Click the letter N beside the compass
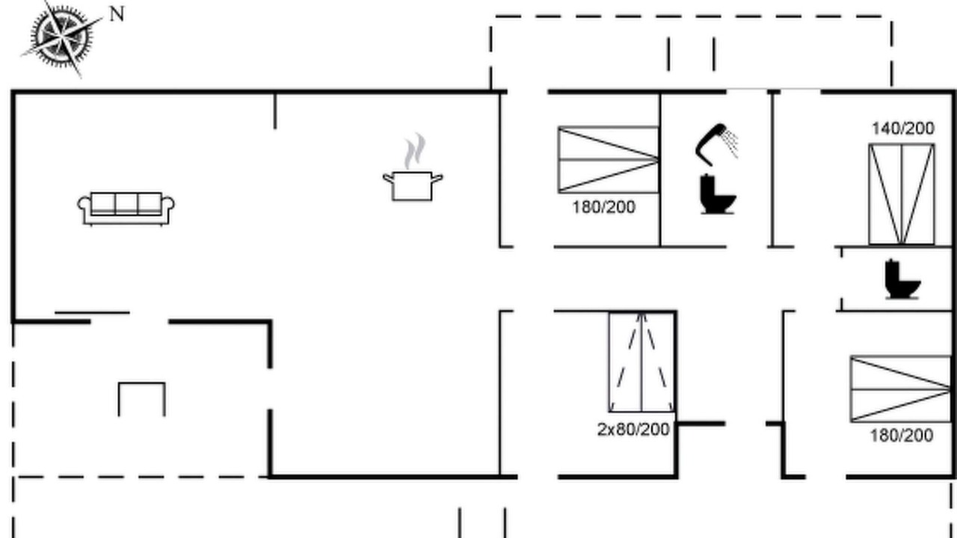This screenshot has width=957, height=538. coord(117,14)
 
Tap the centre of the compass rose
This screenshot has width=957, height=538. coord(62,37)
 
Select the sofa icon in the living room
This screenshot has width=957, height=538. coord(126,208)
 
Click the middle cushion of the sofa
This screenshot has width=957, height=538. coord(126,203)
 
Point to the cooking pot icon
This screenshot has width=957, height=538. coord(413,185)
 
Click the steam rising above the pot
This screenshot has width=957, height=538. coord(415,151)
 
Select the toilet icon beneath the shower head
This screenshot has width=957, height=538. coord(718,194)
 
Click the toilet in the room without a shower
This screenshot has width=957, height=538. coord(902,279)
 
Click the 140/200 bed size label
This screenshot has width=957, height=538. coord(902,128)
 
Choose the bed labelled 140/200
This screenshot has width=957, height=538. coord(902,194)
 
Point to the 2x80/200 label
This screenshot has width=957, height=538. coord(633,430)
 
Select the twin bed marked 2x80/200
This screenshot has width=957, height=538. coord(641,362)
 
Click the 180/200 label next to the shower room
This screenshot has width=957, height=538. coord(603,207)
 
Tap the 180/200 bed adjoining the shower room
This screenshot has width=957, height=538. coord(609,160)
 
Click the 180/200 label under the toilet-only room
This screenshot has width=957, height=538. coord(902,436)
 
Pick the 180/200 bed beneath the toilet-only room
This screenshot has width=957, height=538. coord(901,389)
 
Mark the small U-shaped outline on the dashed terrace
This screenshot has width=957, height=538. coord(142,383)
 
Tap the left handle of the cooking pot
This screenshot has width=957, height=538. coord(388,178)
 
